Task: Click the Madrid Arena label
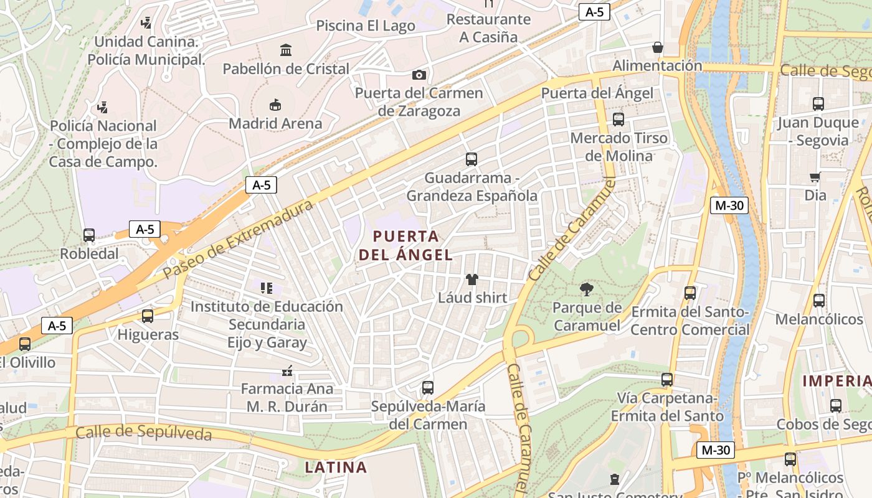pos(275,123)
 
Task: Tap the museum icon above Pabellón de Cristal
pos(286,50)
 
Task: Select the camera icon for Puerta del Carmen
pos(419,75)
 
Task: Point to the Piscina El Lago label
pos(366,26)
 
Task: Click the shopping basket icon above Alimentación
pos(657,47)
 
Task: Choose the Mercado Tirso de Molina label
pos(618,146)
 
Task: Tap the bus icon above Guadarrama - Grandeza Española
pos(472,159)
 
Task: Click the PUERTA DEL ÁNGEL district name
pos(405,245)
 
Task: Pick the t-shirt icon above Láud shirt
pos(472,280)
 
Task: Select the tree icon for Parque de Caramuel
pos(586,289)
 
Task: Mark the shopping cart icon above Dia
pos(815,177)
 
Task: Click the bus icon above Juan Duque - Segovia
pos(818,104)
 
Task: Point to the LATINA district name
pos(336,467)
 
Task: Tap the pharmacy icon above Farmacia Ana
pos(287,371)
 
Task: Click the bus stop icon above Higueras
pos(148,316)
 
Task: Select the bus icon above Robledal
pos(89,235)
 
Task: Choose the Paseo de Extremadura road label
pos(239,240)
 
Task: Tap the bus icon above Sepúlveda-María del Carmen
pos(428,388)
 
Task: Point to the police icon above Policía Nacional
pos(103,107)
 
